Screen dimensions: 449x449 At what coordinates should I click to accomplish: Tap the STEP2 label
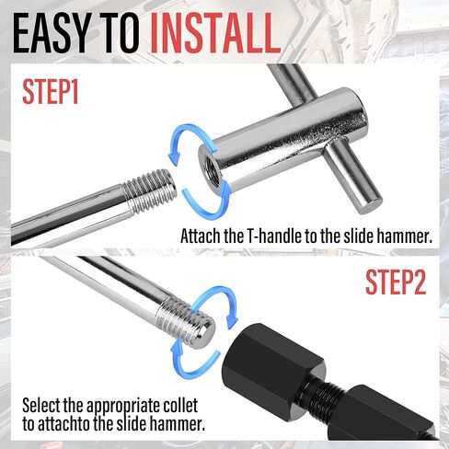point(396,282)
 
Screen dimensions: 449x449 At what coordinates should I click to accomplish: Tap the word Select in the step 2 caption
point(43,405)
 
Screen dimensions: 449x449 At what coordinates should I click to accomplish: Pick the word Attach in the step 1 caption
point(201,236)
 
